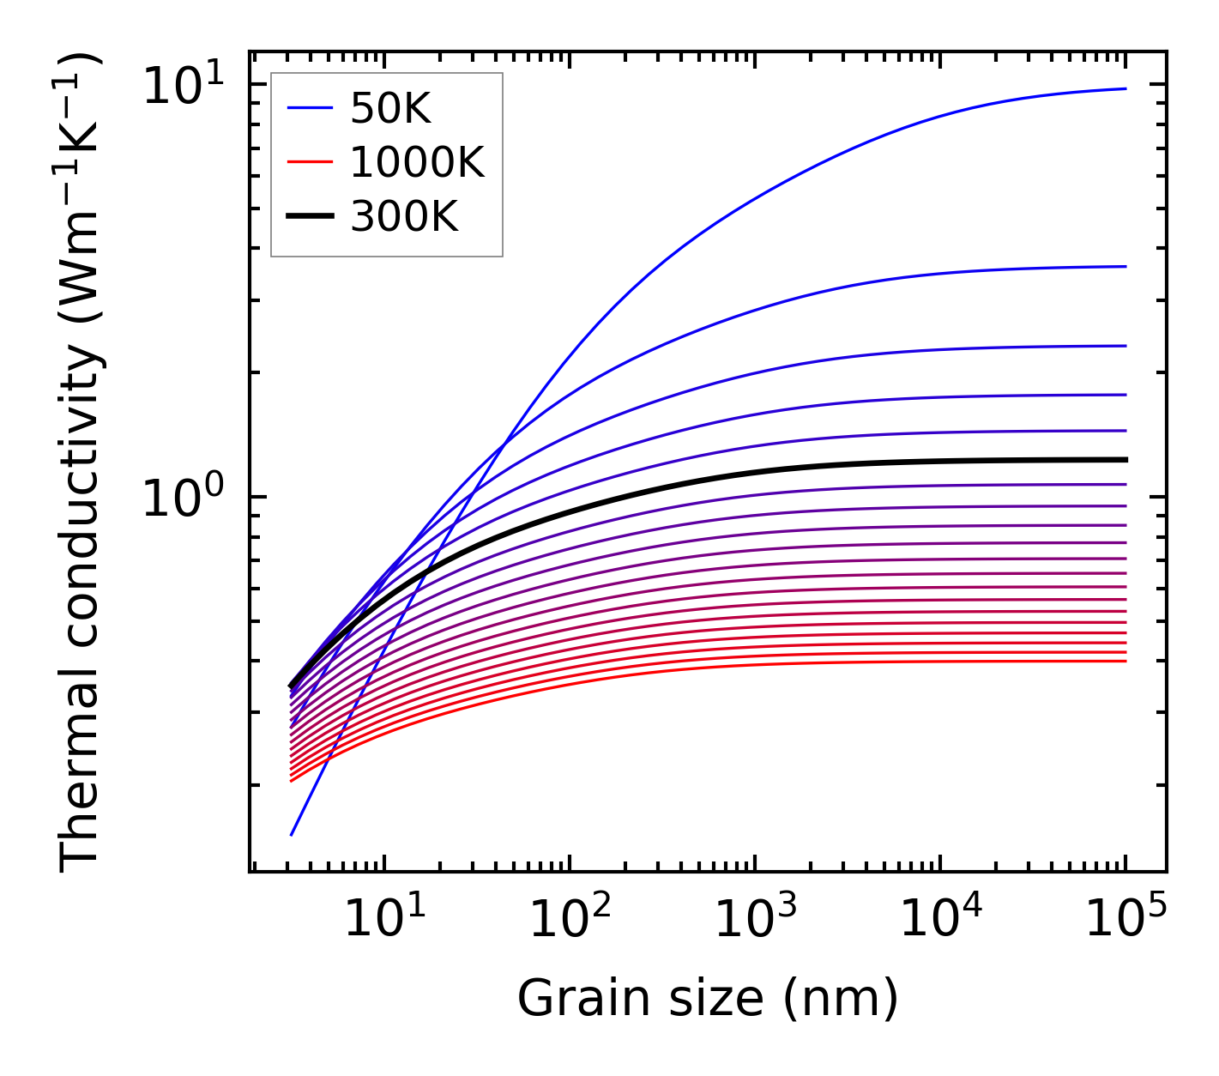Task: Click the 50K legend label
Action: [x=390, y=108]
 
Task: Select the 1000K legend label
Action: [x=417, y=162]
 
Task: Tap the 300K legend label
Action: [x=404, y=217]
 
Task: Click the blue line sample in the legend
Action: [x=310, y=108]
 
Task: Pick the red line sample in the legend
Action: [x=310, y=162]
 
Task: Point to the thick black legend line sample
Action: [x=310, y=217]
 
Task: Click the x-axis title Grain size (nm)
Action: [x=708, y=998]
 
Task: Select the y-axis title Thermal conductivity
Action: [x=81, y=463]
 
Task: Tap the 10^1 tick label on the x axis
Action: [x=383, y=920]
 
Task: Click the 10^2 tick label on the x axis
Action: [x=569, y=920]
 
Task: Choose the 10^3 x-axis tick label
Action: [x=754, y=920]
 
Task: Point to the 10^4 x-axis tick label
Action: [x=939, y=920]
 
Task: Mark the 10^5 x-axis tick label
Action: [x=1125, y=920]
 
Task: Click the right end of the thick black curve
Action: [x=1125, y=460]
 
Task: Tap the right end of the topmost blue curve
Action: [x=1125, y=88]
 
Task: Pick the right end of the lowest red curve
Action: [x=1125, y=661]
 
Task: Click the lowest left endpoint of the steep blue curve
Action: [x=292, y=834]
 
